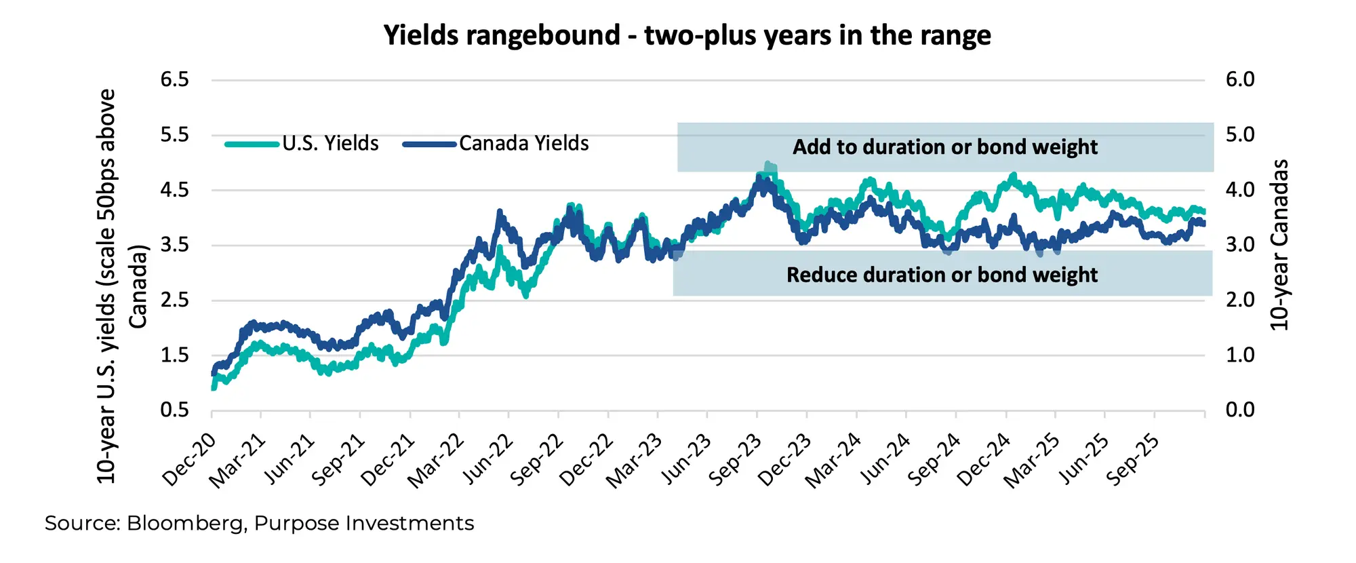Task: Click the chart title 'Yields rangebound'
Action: (x=687, y=35)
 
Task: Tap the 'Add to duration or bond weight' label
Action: (x=944, y=147)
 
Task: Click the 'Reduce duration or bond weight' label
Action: (x=942, y=275)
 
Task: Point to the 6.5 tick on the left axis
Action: (x=174, y=80)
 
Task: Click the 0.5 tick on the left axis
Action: (x=174, y=410)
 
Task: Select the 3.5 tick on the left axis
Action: (x=174, y=245)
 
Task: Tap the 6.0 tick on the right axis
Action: (x=1240, y=80)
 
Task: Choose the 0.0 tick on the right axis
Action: (x=1240, y=410)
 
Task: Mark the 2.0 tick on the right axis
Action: (x=1240, y=300)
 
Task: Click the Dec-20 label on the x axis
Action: (x=190, y=460)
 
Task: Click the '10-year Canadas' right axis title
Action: (x=1279, y=245)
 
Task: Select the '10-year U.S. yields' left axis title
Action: (x=106, y=286)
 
